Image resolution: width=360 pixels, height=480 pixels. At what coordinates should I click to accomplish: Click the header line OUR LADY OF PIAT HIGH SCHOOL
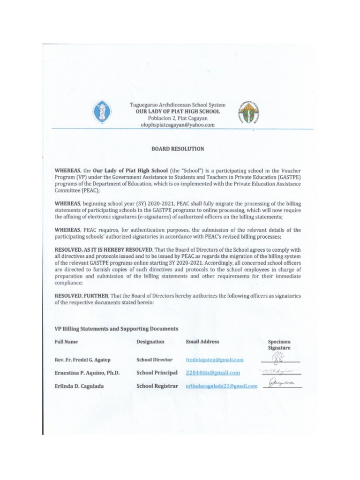(x=178, y=112)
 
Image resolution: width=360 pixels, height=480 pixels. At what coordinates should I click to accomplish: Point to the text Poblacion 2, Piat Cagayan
(x=178, y=119)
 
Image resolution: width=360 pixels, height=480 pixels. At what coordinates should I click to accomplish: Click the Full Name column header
(x=66, y=342)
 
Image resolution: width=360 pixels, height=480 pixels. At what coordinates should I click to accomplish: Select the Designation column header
(x=150, y=342)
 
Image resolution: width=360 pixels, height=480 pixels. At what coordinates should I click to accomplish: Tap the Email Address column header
(x=202, y=342)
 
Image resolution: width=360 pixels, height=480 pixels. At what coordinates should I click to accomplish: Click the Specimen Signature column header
(x=279, y=345)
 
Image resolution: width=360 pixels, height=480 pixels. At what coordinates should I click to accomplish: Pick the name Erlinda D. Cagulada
(x=78, y=386)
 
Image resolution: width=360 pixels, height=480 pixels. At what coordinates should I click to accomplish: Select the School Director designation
(x=155, y=360)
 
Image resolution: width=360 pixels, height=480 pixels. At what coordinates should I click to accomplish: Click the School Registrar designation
(x=157, y=386)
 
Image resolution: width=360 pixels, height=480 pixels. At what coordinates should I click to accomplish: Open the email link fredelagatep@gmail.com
(x=214, y=360)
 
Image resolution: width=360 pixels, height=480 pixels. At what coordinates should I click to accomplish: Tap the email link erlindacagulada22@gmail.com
(x=221, y=386)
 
